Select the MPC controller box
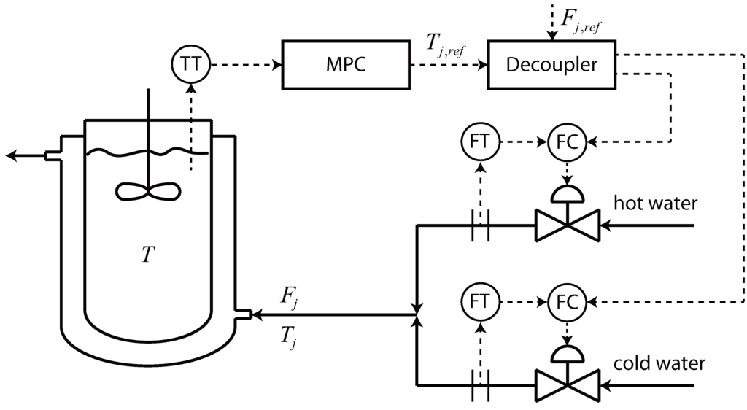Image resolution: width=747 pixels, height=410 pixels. tap(345, 64)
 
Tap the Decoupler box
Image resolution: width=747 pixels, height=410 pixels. tap(551, 64)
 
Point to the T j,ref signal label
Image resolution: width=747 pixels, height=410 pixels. tap(446, 48)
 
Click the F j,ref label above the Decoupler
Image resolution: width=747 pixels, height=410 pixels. tap(581, 16)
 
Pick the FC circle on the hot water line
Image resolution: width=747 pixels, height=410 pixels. tap(566, 143)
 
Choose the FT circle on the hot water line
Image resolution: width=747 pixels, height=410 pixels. tap(480, 143)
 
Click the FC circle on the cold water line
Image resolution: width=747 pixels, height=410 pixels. tap(566, 301)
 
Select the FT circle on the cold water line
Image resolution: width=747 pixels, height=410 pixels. tap(480, 301)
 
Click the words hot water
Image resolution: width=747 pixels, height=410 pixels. tap(655, 204)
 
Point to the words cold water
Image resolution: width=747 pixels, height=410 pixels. tap(659, 363)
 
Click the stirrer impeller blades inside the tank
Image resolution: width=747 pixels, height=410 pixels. tap(149, 191)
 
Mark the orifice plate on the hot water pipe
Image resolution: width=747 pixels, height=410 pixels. tap(480, 225)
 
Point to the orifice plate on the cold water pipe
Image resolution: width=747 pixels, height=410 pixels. tap(480, 383)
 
